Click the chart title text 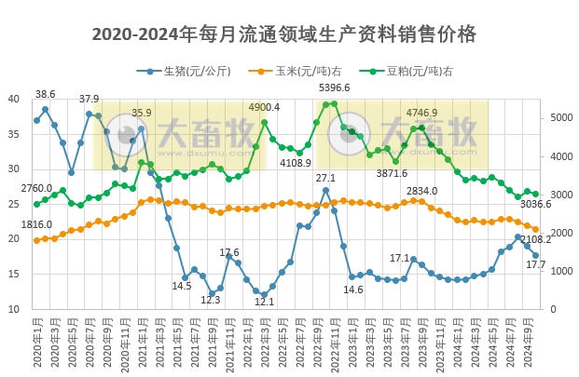(x=284, y=34)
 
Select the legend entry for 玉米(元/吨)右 (x=297, y=71)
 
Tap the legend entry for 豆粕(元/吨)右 (x=411, y=71)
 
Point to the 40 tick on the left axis (x=14, y=99)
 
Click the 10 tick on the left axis (x=14, y=309)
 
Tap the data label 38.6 (x=46, y=94)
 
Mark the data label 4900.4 (x=264, y=108)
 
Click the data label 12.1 (x=264, y=302)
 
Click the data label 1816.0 (x=36, y=225)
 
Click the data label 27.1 (x=325, y=178)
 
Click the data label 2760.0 (x=36, y=189)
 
